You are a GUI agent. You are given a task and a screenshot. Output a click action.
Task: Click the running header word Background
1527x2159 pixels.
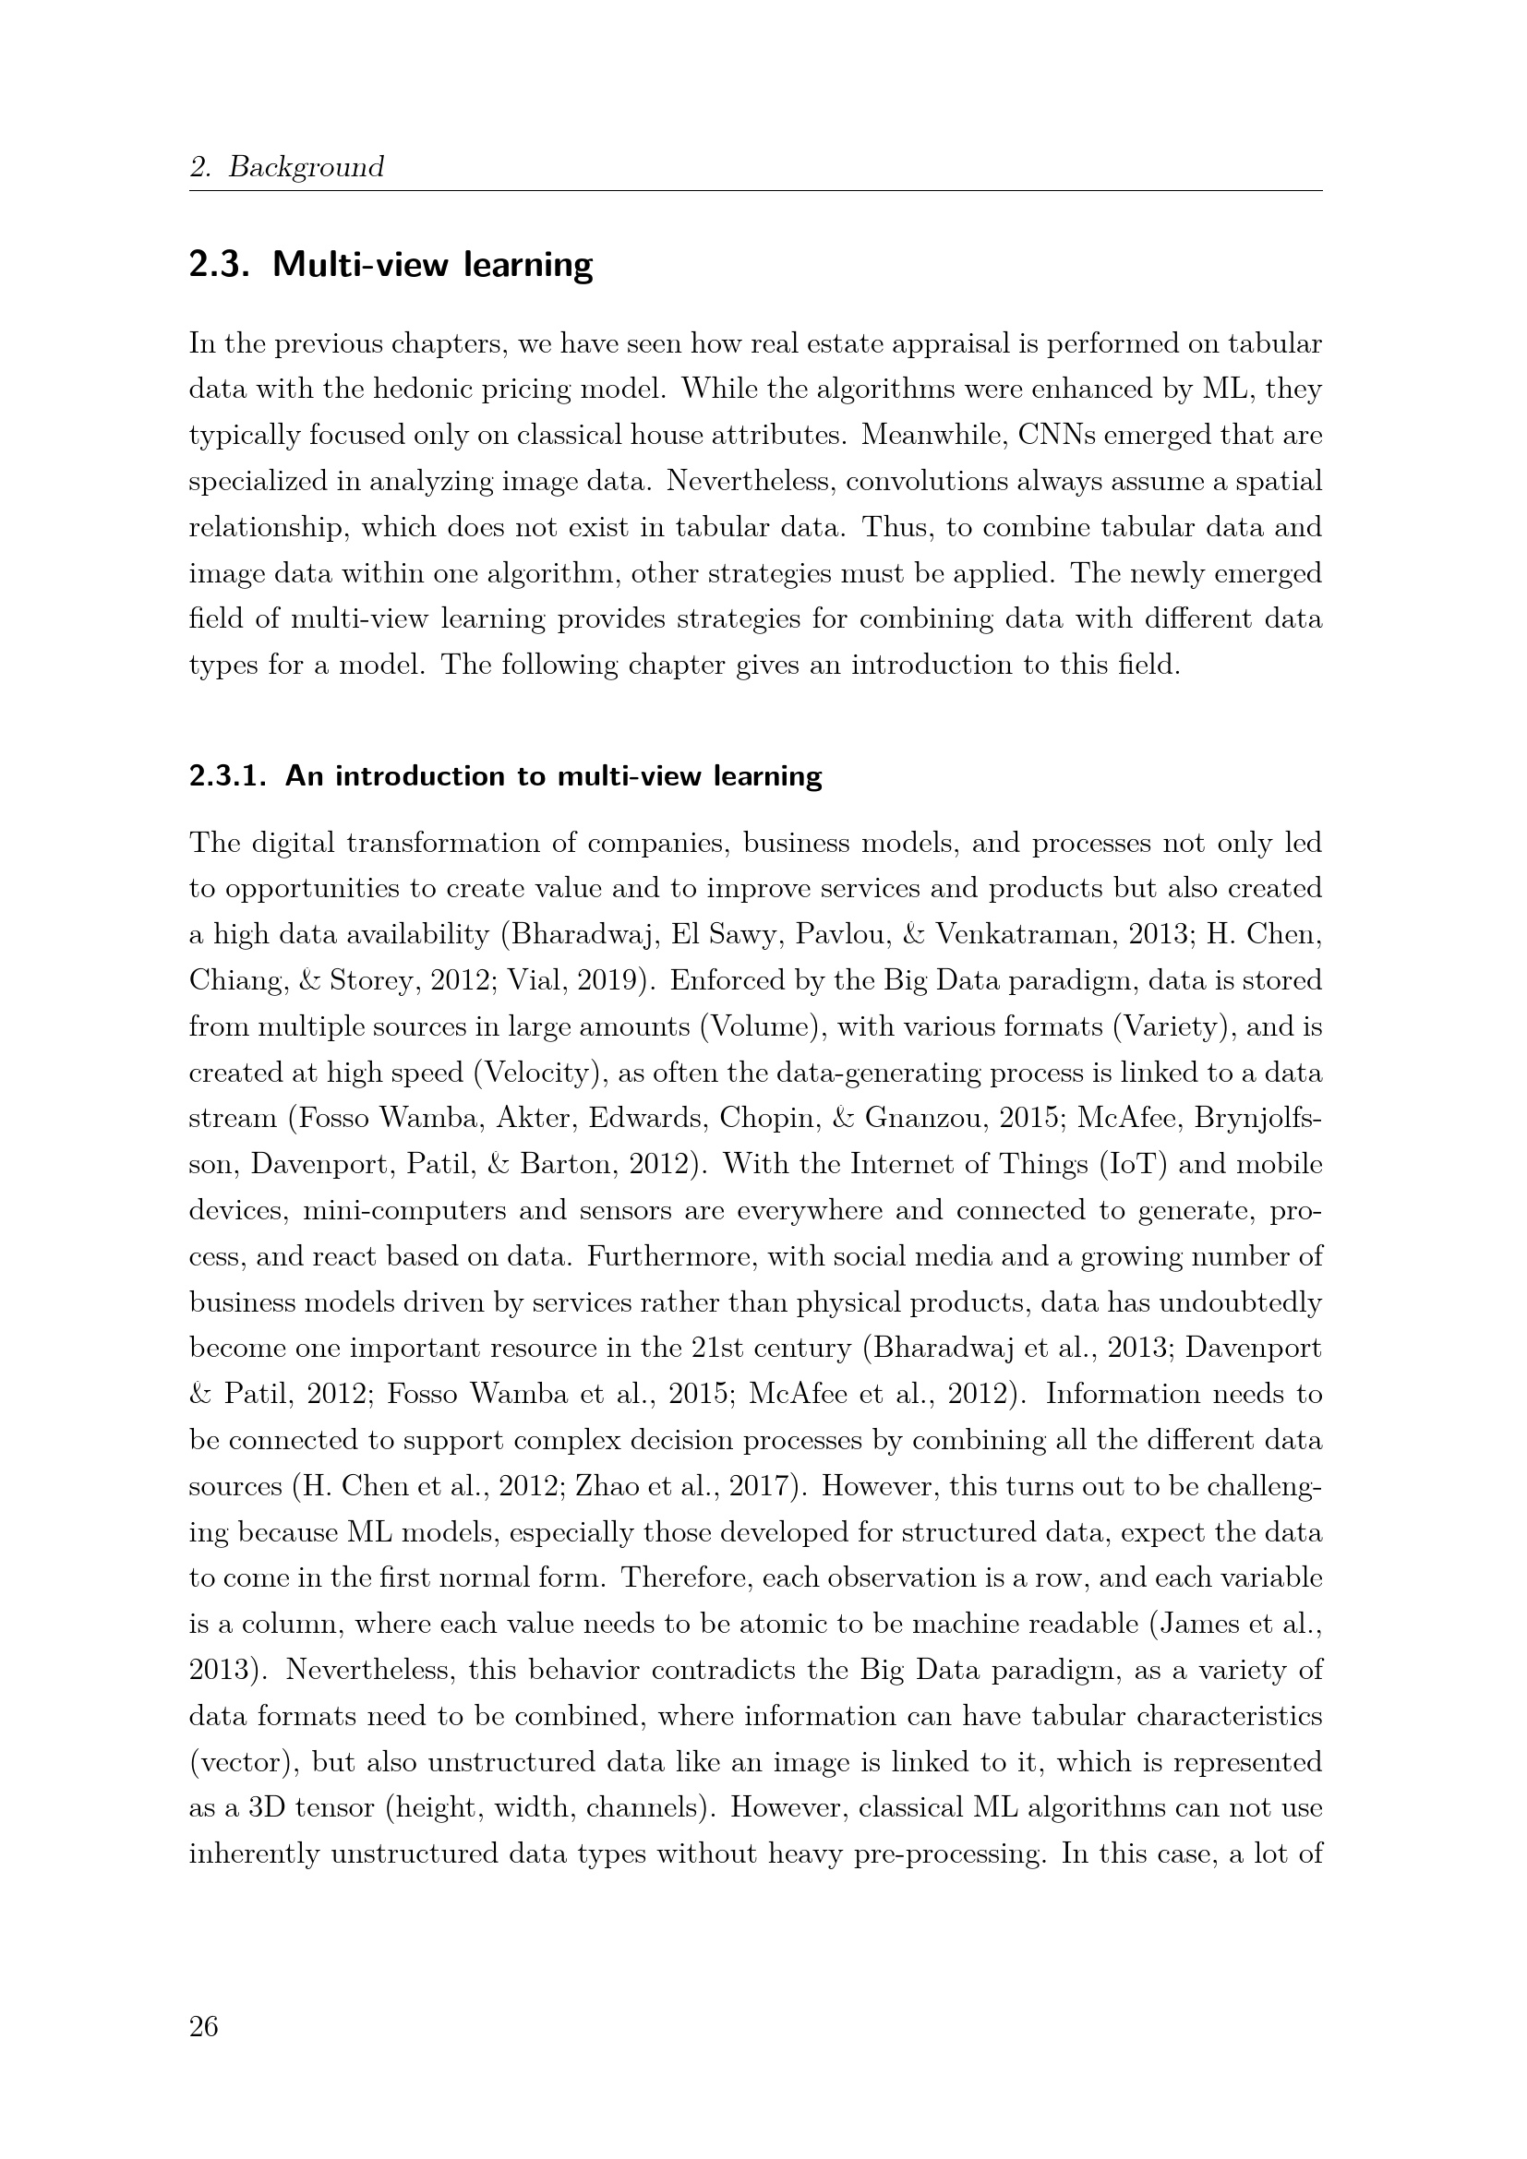[x=307, y=167]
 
